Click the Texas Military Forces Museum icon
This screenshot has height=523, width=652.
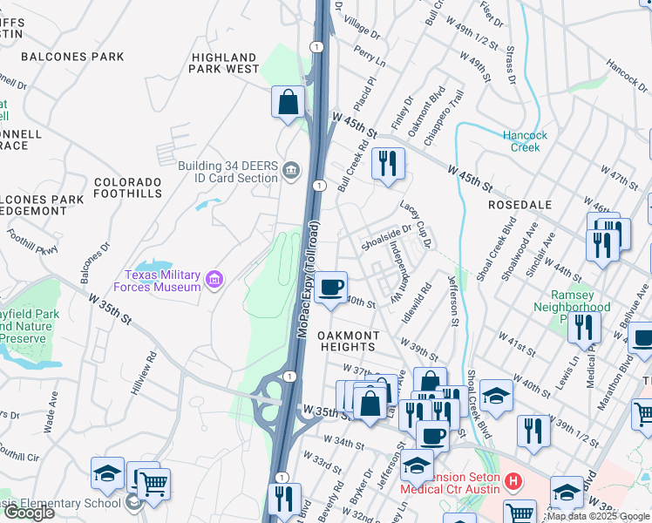214,281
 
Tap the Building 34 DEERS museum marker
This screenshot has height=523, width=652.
291,169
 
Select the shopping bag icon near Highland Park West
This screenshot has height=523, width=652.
288,103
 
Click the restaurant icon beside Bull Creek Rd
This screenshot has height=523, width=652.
387,163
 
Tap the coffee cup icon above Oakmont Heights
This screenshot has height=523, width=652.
330,288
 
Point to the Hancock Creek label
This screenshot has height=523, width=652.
526,141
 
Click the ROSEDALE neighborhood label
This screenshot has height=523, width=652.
520,204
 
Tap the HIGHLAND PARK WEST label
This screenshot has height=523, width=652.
225,63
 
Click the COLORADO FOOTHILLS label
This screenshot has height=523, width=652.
128,187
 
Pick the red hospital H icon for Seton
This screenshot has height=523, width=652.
513,480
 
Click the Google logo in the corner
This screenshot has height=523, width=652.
29,513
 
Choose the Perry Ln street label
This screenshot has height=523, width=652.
370,58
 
